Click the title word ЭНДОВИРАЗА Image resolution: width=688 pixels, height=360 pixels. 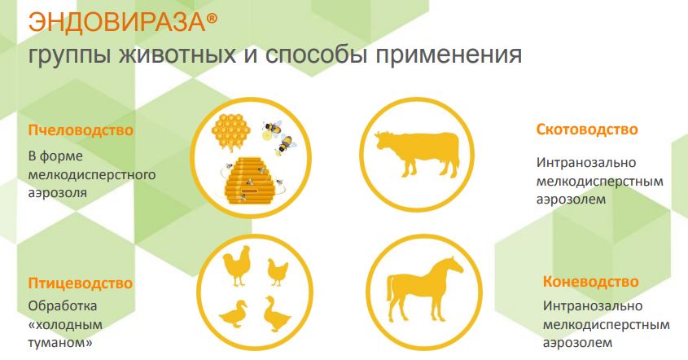coord(116,21)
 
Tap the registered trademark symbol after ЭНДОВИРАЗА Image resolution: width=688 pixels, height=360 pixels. coord(212,19)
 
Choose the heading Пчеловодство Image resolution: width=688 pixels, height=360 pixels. coord(81,130)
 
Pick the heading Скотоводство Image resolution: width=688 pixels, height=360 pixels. coord(587,129)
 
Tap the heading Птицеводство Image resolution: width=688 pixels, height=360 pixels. coord(81,283)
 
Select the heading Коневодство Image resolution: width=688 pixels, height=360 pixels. coord(590,282)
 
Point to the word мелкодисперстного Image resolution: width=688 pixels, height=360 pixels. coord(92,175)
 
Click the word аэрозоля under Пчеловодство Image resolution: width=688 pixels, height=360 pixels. coord(58,193)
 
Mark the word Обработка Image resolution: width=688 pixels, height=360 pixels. coord(63,305)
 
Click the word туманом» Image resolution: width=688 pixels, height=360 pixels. coord(60,343)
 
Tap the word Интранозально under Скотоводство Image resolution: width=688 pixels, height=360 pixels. coord(585,162)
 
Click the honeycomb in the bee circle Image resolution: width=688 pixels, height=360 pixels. coord(230,131)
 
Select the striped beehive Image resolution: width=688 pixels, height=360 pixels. coord(248,181)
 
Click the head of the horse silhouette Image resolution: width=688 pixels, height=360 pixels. coord(453,264)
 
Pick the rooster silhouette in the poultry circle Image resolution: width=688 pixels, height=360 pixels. coord(236,266)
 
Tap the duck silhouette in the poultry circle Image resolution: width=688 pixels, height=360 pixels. coord(234,314)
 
